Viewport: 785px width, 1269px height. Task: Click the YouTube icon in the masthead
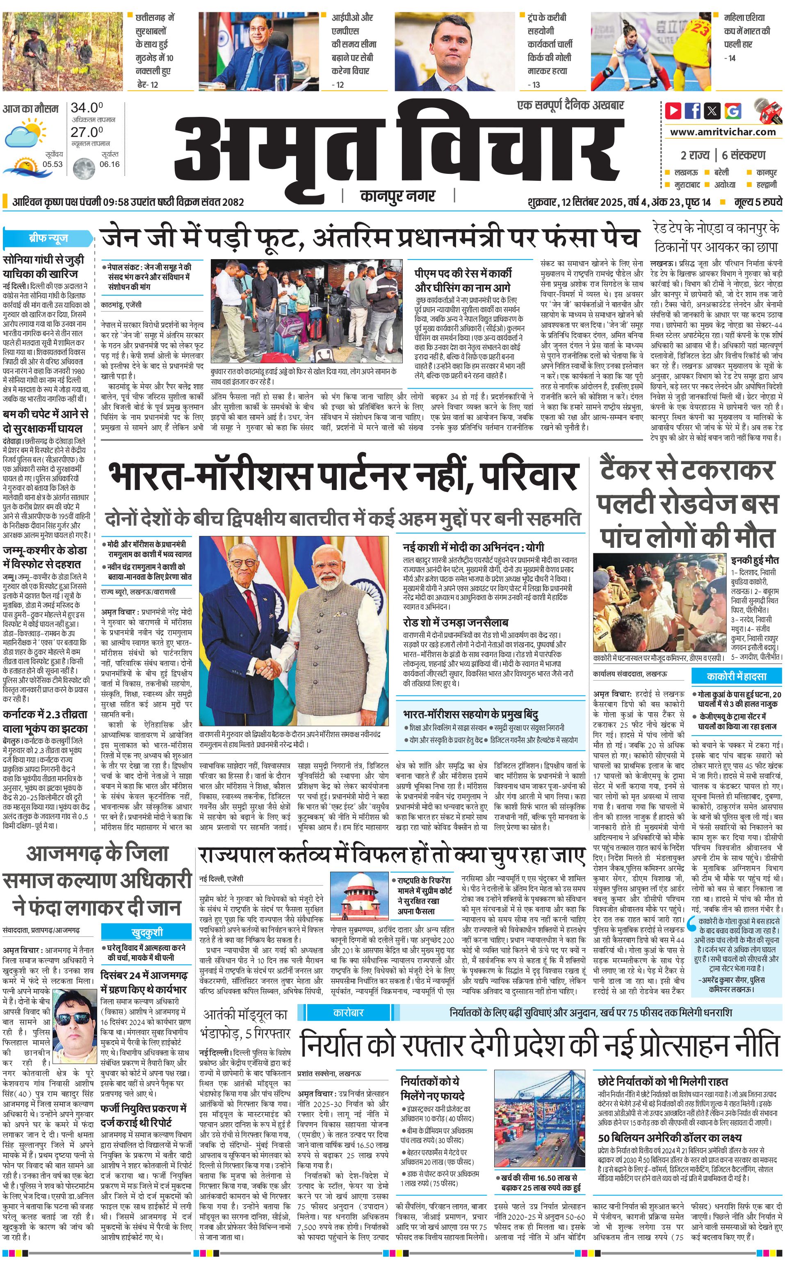click(673, 111)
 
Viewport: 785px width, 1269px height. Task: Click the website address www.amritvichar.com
click(723, 132)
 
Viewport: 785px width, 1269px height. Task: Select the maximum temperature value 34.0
click(87, 108)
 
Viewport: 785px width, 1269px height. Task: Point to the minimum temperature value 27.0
click(87, 132)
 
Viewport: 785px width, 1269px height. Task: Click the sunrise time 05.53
click(52, 164)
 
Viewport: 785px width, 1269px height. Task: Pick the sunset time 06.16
click(110, 164)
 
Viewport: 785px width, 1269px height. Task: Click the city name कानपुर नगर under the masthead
click(398, 196)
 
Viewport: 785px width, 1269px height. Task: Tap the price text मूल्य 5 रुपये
click(758, 202)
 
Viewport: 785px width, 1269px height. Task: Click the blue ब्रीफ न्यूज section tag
click(48, 239)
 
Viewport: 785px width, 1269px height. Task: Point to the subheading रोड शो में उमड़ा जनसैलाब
click(455, 622)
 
